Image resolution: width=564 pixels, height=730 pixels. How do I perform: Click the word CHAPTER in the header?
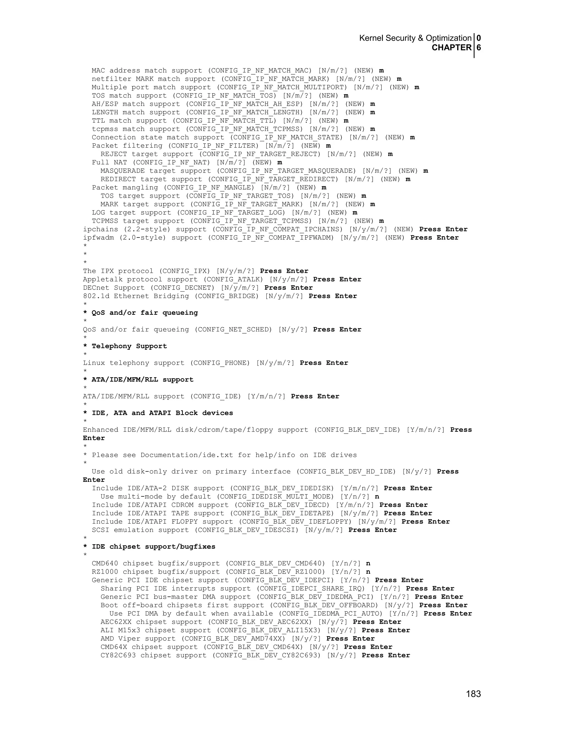click(x=451, y=48)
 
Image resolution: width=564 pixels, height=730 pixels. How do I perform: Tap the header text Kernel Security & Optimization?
click(x=415, y=38)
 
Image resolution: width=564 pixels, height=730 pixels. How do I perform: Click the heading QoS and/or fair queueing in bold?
click(x=145, y=313)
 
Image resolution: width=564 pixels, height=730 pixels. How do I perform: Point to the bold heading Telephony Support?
click(x=129, y=346)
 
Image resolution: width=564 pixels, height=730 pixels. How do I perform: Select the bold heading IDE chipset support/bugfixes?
click(x=153, y=547)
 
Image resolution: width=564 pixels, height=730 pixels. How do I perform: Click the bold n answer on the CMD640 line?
click(x=368, y=564)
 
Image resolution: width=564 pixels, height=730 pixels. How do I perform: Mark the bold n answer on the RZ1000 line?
click(x=368, y=572)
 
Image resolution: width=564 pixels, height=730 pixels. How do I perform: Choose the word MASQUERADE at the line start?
click(x=123, y=171)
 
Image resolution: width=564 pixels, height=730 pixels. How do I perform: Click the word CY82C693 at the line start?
click(x=118, y=655)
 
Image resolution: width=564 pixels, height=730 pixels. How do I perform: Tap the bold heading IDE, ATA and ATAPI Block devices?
click(x=162, y=413)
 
